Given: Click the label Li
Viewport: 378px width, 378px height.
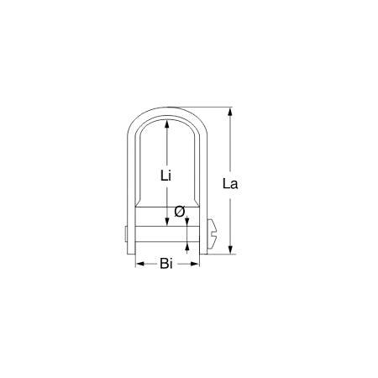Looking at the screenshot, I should pos(166,175).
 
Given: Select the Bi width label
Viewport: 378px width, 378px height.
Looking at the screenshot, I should pos(166,264).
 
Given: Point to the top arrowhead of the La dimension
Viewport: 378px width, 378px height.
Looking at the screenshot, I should pos(229,112).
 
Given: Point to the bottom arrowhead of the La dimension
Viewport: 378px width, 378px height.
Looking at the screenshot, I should pos(229,249).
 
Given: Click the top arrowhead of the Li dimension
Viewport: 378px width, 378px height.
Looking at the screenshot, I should pos(167,123).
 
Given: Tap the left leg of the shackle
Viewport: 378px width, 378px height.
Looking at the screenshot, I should pos(134,185).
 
